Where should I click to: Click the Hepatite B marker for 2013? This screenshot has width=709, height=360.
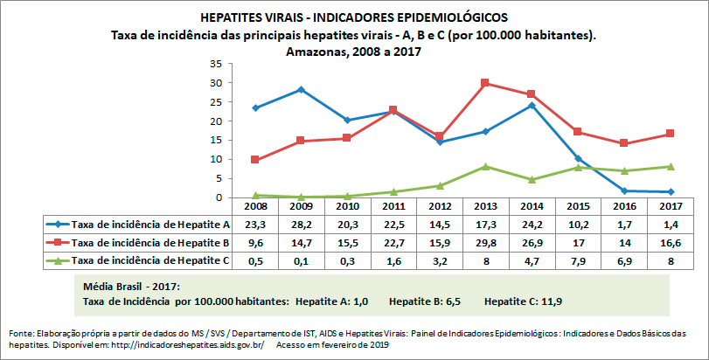tap(485, 83)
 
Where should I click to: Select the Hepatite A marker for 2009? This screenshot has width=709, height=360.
tap(301, 89)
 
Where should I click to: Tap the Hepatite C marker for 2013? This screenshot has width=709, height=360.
tap(485, 166)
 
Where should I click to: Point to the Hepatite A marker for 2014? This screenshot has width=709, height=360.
tap(532, 105)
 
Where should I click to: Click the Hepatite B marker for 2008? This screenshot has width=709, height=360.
tap(254, 160)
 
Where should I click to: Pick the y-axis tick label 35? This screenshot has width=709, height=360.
tap(216, 64)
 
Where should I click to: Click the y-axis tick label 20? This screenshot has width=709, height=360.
tap(216, 121)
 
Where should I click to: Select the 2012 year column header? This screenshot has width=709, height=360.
tap(439, 206)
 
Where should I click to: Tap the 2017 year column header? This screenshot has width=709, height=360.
tap(670, 206)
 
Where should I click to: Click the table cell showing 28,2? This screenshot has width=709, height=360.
tap(301, 224)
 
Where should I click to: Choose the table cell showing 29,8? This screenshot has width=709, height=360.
tap(485, 242)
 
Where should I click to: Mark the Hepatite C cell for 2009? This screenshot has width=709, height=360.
tap(301, 260)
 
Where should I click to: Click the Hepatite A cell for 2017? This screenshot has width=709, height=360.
tap(670, 224)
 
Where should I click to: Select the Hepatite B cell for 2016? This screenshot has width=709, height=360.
tap(623, 242)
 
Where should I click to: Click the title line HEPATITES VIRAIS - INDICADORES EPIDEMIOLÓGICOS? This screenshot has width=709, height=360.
tap(353, 17)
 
